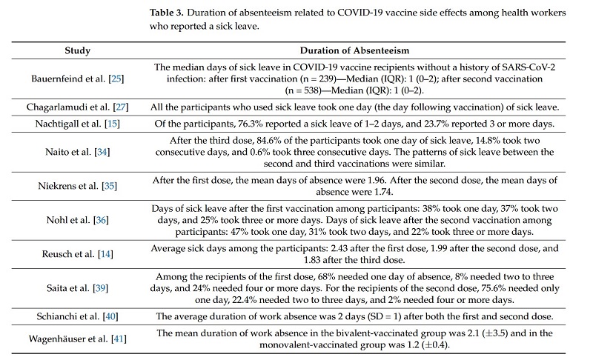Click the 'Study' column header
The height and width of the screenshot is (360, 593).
tap(78, 50)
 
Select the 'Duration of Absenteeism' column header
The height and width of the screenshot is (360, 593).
tap(355, 50)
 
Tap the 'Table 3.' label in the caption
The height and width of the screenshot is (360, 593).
tap(166, 13)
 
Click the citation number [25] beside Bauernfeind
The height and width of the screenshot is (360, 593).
tap(116, 79)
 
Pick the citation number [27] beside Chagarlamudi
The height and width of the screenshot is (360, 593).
tap(121, 107)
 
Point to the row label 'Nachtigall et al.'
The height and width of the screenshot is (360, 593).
tap(68, 124)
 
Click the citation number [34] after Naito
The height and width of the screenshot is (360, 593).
tap(102, 152)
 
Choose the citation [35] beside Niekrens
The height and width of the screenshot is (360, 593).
tap(109, 186)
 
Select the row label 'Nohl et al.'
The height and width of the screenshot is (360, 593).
tap(68, 220)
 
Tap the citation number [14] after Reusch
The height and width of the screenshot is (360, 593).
tap(105, 254)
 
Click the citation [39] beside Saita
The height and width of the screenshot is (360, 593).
tap(100, 288)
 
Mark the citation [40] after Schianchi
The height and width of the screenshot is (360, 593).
tap(110, 316)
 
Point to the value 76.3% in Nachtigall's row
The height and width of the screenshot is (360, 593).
tap(251, 124)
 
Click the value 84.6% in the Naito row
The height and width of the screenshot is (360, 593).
tap(269, 141)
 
